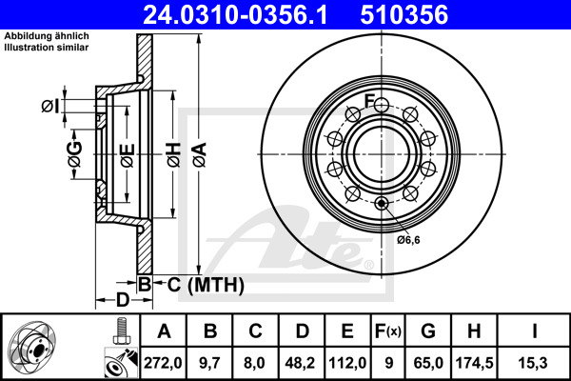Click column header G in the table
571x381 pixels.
point(428,331)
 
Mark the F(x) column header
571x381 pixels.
point(388,331)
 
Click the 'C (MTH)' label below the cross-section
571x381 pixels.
point(200,285)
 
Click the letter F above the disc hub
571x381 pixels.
point(369,102)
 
